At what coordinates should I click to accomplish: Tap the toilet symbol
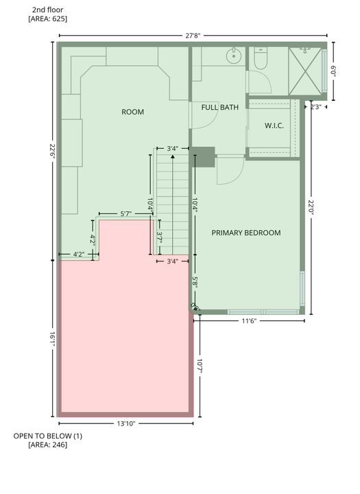click(x=260, y=60)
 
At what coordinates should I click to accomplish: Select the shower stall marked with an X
click(x=306, y=69)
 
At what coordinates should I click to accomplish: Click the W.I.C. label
click(x=274, y=126)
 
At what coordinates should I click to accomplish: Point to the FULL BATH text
click(x=219, y=108)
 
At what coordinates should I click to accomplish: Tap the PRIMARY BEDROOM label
click(x=245, y=233)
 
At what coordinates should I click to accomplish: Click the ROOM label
click(x=132, y=112)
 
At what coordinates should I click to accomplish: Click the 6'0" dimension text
click(x=334, y=70)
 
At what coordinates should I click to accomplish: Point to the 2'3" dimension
click(x=317, y=107)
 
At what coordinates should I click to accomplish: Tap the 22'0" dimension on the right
click(x=311, y=208)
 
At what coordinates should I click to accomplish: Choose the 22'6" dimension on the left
click(x=51, y=150)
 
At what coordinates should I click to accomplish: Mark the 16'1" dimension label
click(x=51, y=338)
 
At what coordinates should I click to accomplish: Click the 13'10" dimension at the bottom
click(x=125, y=424)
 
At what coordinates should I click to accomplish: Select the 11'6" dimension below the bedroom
click(x=248, y=321)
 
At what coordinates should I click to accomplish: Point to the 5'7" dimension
click(x=126, y=214)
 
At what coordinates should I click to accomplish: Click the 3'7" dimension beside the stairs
click(x=159, y=237)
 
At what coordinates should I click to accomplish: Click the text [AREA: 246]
click(x=47, y=445)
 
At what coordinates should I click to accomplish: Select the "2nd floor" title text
click(x=47, y=10)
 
